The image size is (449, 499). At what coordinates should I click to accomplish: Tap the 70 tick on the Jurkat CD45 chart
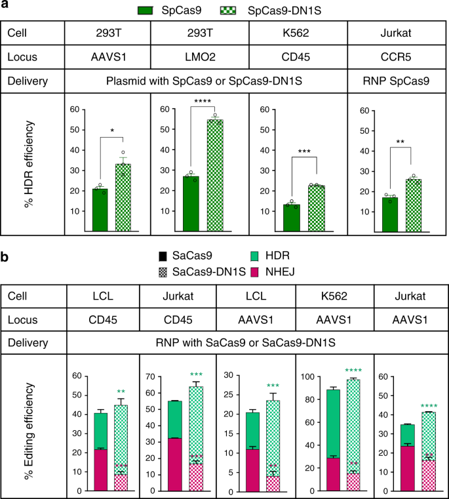tap(161, 376)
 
